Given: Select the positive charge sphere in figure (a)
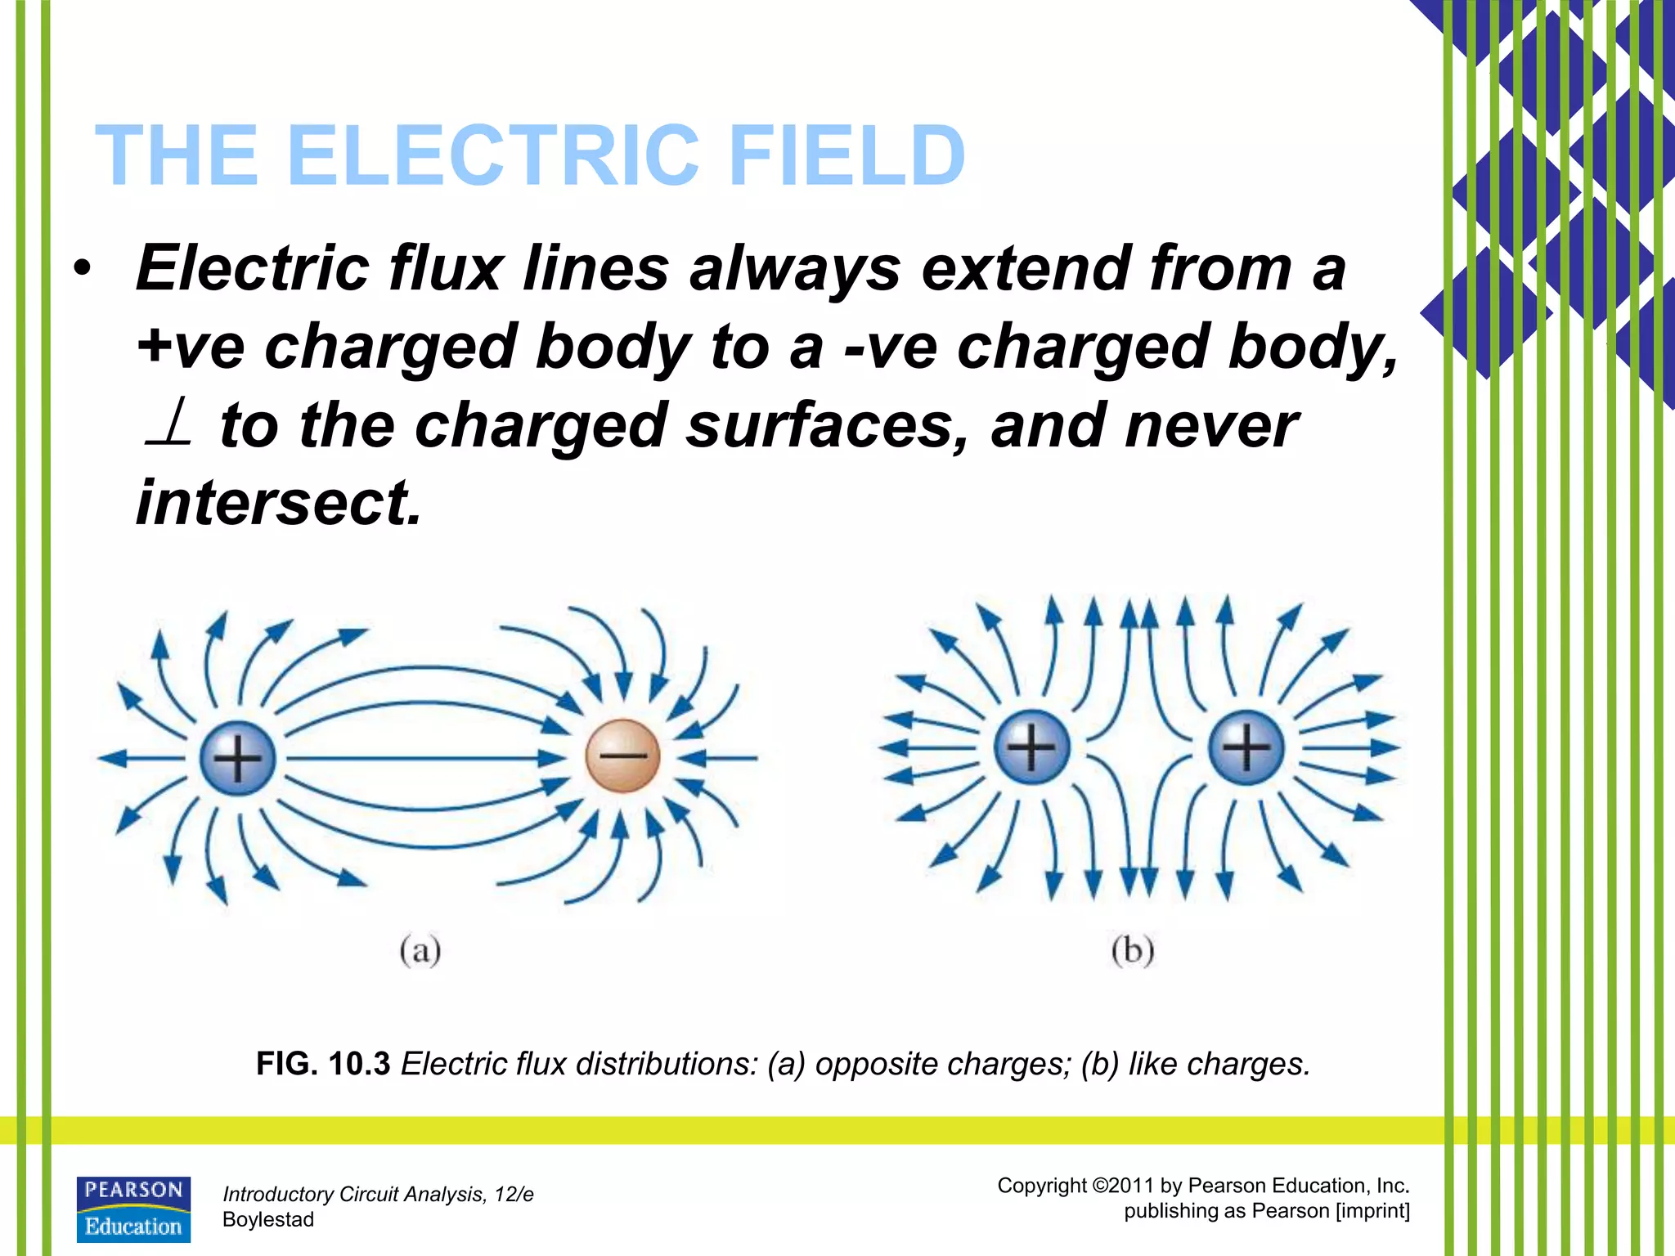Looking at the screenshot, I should (x=237, y=758).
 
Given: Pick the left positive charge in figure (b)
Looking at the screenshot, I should (x=1031, y=747).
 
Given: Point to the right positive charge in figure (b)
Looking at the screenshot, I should (x=1246, y=747).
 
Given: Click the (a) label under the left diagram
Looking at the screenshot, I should (x=420, y=951).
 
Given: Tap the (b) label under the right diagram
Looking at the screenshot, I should (x=1133, y=951).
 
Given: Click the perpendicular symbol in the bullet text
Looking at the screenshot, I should (x=168, y=424).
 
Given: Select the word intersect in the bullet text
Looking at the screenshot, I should (x=278, y=502).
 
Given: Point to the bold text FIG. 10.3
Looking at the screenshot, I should (x=323, y=1064).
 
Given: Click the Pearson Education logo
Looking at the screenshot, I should (x=133, y=1209).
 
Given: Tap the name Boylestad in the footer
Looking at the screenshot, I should (x=268, y=1219).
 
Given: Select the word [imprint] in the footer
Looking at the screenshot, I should (x=1372, y=1211).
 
